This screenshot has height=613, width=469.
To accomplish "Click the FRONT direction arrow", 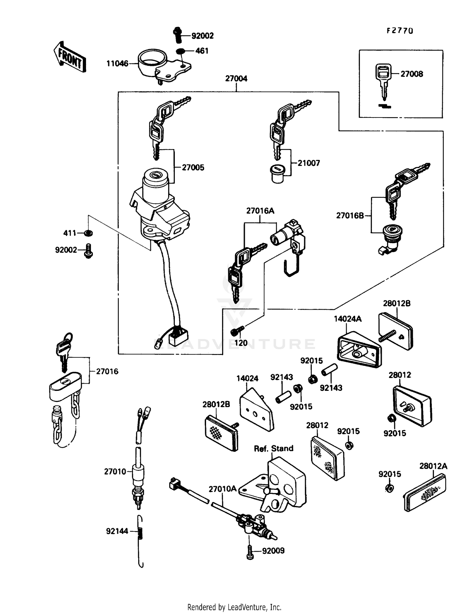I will pos(69,57).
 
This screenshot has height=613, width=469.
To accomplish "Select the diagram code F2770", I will pos(400,31).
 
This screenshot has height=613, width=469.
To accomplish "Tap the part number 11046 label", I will pos(117,64).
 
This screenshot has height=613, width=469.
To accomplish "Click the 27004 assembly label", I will pos(236,79).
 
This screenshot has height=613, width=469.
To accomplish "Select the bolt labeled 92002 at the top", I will pos(177,35).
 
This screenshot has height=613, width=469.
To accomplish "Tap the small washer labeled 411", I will pos(89,233).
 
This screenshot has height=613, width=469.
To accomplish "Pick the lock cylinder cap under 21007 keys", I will pos(277,174).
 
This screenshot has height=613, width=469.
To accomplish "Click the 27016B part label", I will pos(350,216).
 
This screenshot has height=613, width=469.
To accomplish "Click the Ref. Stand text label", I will pos(274,449).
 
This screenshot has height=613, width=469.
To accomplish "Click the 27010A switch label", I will pos(223,489).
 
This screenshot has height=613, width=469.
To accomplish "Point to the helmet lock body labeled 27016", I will pos(65,386).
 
